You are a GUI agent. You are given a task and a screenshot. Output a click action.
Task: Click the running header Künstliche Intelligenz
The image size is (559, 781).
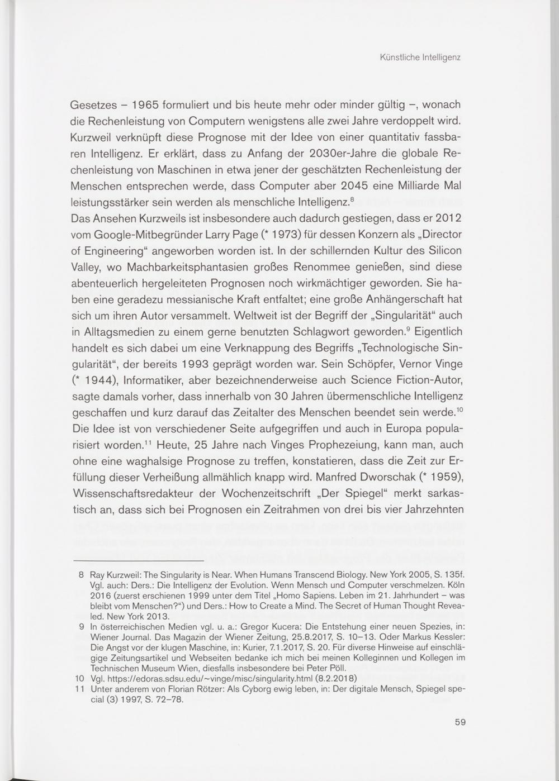[x=419, y=57]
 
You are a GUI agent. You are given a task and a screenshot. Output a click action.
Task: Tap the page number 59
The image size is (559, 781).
[x=459, y=722]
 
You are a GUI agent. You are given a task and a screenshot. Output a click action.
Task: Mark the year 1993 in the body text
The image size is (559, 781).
[x=195, y=364]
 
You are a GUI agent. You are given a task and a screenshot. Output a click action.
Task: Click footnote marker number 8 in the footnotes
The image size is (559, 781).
[x=82, y=574]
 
